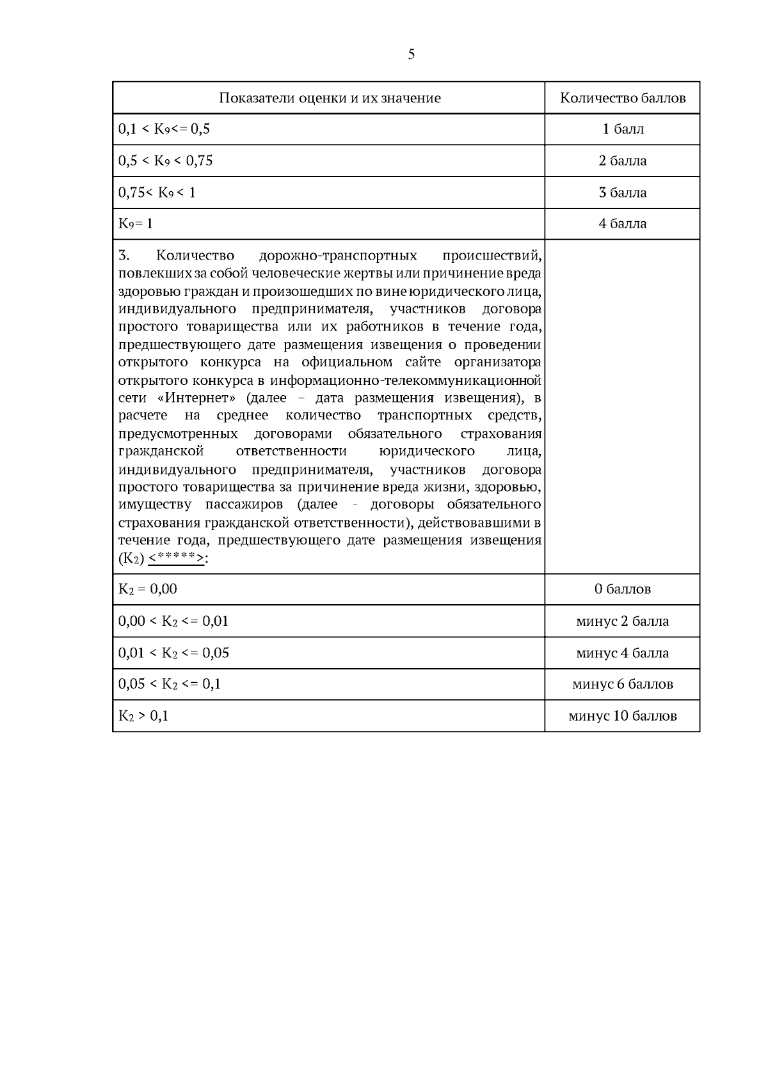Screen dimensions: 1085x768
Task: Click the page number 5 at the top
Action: pos(411,54)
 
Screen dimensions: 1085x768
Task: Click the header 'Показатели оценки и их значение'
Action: pos(330,98)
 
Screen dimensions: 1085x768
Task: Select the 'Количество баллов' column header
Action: pos(623,98)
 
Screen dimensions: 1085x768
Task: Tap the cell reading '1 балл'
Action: pos(623,129)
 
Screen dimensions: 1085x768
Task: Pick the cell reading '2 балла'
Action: pos(623,160)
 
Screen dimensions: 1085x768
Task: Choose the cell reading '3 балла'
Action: pos(623,192)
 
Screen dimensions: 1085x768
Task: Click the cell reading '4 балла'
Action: pos(623,224)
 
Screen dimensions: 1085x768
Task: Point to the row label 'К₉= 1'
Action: pos(136,224)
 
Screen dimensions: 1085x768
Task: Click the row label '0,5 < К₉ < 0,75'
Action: pos(165,160)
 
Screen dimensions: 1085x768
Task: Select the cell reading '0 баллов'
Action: pos(623,589)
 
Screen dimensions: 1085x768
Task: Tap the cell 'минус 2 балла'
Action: pos(623,621)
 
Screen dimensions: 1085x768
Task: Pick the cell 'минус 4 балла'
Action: pos(623,653)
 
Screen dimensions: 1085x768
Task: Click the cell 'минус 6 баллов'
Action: pos(623,684)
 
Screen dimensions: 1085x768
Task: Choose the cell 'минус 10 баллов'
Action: pos(623,716)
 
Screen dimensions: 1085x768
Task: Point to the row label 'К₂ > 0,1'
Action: pos(143,716)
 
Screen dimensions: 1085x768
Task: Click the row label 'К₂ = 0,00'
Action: pos(148,589)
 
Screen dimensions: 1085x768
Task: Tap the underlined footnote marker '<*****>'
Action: pos(176,558)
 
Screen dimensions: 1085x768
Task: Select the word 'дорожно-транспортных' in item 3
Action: pos(338,256)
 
